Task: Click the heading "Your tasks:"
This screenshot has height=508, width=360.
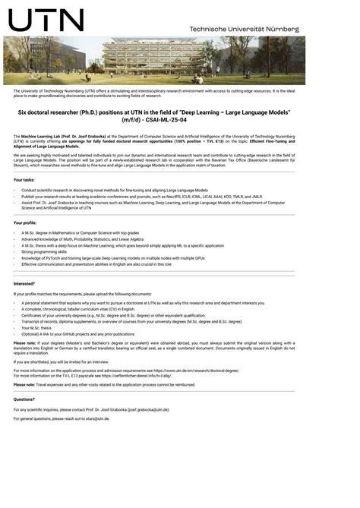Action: coord(24,179)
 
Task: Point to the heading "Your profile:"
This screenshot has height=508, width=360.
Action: coord(25,222)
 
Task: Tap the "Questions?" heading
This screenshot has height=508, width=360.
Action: coord(24,399)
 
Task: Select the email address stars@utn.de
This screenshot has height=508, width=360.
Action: coord(96,418)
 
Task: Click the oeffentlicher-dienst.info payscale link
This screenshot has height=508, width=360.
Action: coord(141,375)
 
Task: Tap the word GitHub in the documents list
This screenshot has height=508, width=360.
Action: coord(68,333)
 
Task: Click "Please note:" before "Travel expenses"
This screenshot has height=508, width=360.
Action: coord(24,384)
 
